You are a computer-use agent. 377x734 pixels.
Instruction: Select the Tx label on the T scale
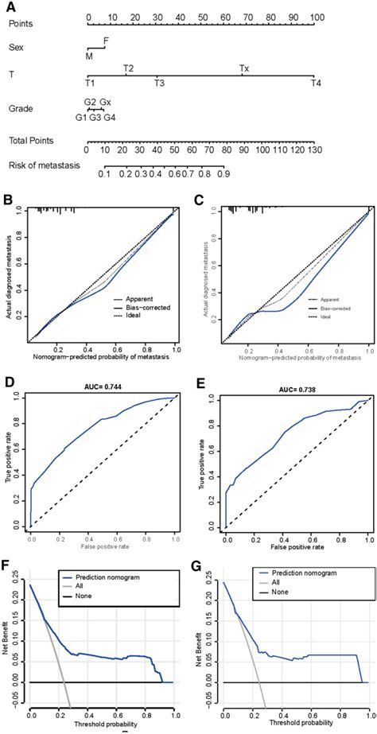[x=245, y=68]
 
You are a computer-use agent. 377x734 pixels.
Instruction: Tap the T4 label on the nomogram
[x=317, y=83]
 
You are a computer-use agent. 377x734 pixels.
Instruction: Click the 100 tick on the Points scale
[x=317, y=16]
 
